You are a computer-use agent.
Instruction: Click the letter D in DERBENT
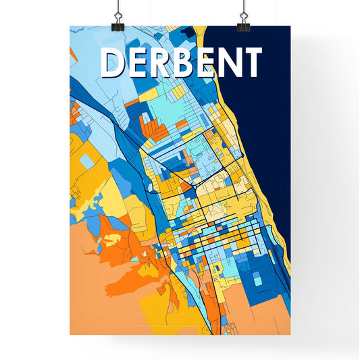click(113, 64)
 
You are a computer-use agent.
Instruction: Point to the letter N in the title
click(228, 64)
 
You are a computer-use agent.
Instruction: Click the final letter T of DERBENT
click(251, 64)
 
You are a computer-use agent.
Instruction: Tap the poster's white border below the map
click(179, 344)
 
